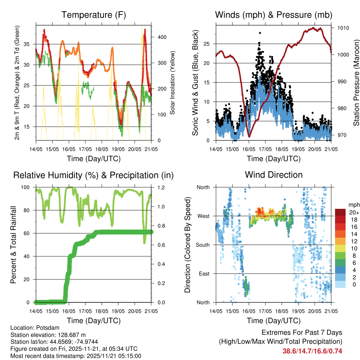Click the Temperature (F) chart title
pyautogui.click(x=94, y=15)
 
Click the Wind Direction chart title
pyautogui.click(x=274, y=175)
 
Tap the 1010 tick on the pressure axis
pyautogui.click(x=343, y=28)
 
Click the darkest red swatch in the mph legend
pyautogui.click(x=340, y=212)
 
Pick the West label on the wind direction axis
pyautogui.click(x=203, y=216)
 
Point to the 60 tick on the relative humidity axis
pyautogui.click(x=29, y=233)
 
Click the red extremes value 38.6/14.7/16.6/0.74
pyautogui.click(x=312, y=351)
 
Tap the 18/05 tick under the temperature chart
pyautogui.click(x=102, y=149)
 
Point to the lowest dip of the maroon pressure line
pyautogui.click(x=249, y=136)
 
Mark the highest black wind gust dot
pyautogui.click(x=260, y=33)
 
